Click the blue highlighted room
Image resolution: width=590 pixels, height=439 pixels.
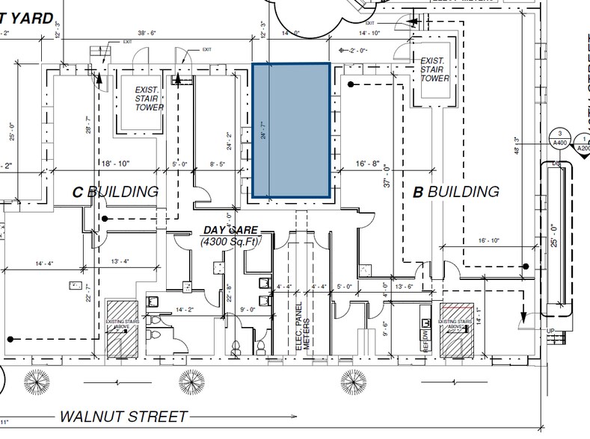[292, 131]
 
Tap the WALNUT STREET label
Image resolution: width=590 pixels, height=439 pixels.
[123, 416]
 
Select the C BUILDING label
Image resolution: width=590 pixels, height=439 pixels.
[115, 192]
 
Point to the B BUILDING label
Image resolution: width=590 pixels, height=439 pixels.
[456, 192]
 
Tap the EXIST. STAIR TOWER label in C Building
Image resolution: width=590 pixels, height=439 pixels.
[149, 99]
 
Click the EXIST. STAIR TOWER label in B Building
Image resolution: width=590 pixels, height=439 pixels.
[434, 69]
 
